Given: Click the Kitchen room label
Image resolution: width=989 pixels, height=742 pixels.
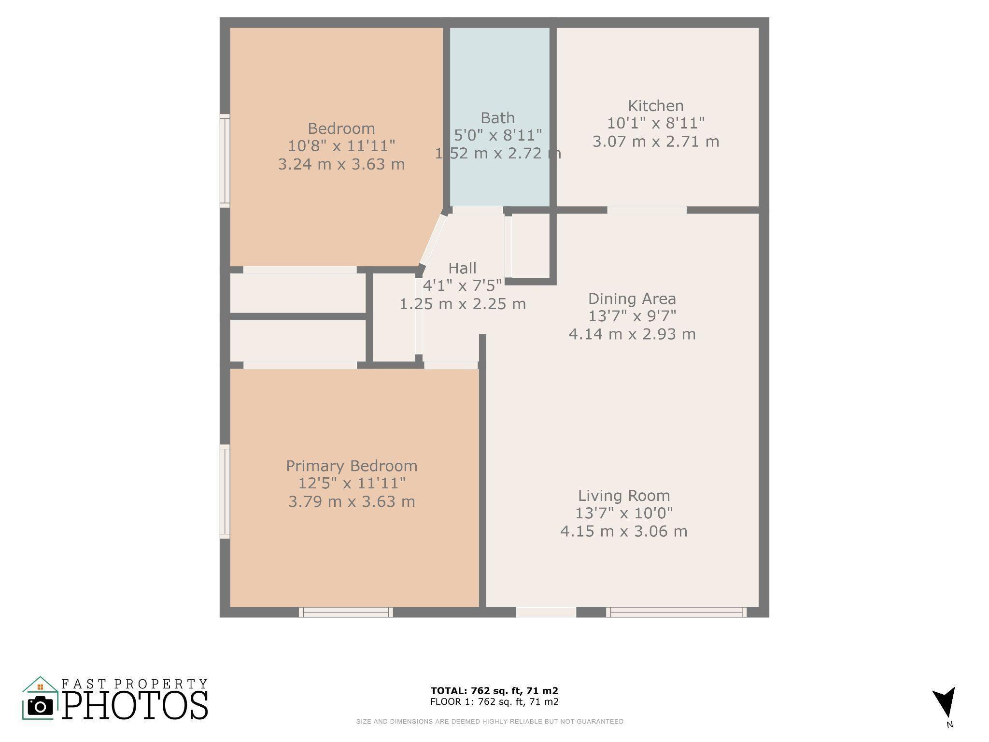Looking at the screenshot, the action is coord(656,106).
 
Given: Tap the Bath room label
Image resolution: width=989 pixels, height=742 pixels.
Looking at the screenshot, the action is coord(498,118).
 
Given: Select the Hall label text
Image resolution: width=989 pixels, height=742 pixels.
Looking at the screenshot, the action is coord(462,268).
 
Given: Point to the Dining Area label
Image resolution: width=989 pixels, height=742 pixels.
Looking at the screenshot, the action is coord(632,299).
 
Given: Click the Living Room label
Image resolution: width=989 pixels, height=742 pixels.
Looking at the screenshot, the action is coord(624,496).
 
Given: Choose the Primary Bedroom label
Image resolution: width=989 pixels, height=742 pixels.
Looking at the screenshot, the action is coord(352,466).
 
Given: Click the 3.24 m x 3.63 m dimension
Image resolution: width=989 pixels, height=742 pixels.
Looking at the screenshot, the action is coord(341,164).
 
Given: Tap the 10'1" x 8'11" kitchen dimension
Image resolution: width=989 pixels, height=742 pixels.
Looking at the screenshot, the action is coord(656,123).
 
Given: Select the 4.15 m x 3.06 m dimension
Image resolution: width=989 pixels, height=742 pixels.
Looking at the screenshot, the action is coord(624,531).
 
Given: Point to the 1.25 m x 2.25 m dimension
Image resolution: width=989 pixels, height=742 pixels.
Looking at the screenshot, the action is coord(463,304).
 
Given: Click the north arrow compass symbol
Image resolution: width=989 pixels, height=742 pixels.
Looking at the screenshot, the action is coord(944,703).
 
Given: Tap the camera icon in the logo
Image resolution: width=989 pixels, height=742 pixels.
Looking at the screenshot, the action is coord(40,706).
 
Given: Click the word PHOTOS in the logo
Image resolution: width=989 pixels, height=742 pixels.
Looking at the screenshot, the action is coord(135,705).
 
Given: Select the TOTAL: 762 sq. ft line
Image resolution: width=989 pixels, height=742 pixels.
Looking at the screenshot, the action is coord(494,691).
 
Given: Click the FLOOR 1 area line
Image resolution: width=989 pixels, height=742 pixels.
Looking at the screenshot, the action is coord(494,701).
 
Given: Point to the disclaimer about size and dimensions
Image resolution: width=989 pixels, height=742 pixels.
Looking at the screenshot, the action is coord(490,722).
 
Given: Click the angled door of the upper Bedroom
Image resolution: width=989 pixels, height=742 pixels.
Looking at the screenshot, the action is coord(433,239).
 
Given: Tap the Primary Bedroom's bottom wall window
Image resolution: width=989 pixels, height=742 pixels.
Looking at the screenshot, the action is coord(346,612).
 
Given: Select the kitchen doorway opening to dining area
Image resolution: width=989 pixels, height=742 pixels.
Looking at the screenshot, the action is coord(647,210).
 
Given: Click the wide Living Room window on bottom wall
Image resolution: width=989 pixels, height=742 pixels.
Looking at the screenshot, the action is coord(676,612).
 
